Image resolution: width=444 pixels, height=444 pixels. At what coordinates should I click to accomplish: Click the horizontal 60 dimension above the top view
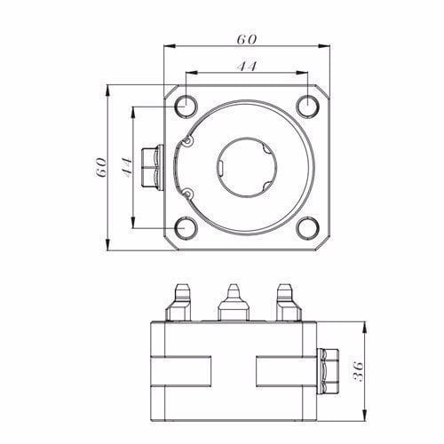(246, 40)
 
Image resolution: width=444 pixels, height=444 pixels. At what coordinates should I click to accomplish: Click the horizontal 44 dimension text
(246, 67)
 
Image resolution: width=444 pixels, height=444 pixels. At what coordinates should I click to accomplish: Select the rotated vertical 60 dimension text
(100, 166)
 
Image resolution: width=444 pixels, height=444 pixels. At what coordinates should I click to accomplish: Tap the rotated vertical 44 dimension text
(127, 166)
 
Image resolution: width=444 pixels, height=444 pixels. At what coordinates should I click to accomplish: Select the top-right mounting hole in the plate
(307, 105)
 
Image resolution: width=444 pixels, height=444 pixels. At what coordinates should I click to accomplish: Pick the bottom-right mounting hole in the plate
(307, 227)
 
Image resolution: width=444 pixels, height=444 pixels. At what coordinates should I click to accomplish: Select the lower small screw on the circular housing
(188, 193)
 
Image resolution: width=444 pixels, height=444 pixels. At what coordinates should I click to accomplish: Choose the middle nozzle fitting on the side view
(232, 302)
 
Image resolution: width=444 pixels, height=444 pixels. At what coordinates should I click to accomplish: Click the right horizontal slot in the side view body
(284, 370)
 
